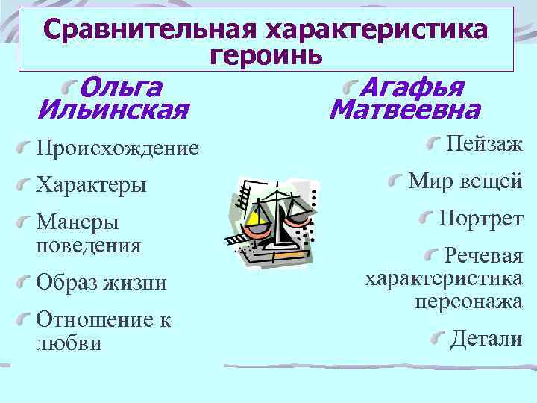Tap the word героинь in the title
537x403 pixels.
tap(266, 54)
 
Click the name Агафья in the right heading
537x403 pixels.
tap(412, 87)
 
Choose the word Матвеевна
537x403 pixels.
tap(404, 111)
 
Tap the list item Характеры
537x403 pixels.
tap(91, 184)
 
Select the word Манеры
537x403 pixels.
tap(77, 222)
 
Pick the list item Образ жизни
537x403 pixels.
tap(101, 283)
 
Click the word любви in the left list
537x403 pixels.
tap(69, 343)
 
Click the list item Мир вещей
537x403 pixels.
tap(465, 181)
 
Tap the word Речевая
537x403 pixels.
tap(483, 257)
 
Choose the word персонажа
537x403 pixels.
tap(468, 302)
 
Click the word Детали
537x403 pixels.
tap(486, 339)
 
